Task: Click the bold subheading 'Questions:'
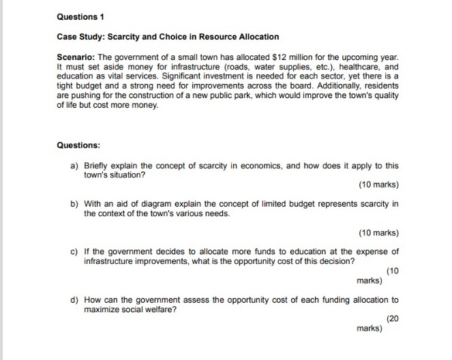tap(78, 145)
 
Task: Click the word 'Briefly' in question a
tap(97, 166)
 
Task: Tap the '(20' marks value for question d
tap(392, 319)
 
